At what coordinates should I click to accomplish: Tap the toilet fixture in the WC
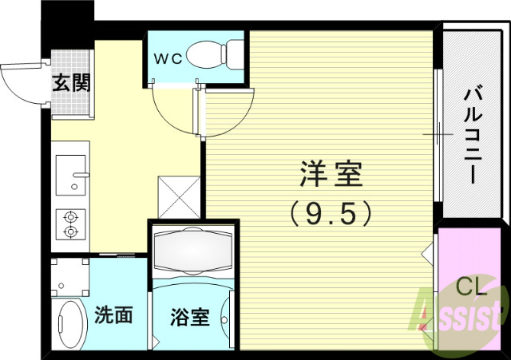tap(223, 53)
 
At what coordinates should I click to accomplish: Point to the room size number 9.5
tap(331, 212)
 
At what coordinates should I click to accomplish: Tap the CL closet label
tap(471, 285)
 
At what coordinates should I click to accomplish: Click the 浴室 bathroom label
tap(190, 316)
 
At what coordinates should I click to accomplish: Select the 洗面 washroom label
tap(113, 315)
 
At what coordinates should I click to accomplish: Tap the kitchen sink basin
tap(72, 173)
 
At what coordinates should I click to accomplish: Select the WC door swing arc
tap(172, 112)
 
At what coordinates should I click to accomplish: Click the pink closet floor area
tap(467, 255)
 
